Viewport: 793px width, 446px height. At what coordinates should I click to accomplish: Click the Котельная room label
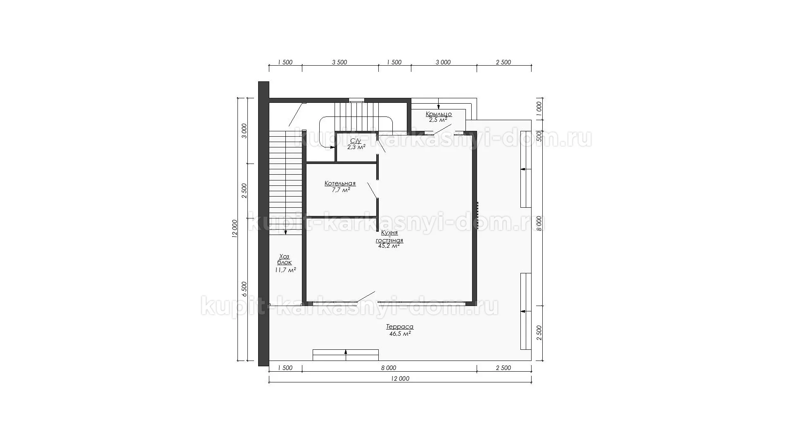340,183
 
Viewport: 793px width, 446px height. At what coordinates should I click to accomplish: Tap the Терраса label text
400,327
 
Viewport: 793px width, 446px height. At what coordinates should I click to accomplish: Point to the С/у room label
356,141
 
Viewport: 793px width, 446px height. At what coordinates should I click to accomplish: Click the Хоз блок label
285,259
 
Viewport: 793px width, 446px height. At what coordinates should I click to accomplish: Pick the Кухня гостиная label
389,237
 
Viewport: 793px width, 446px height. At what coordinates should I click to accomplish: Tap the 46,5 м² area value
400,334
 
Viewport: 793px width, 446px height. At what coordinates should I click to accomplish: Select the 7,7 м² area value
341,190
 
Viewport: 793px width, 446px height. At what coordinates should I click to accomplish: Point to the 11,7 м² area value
285,270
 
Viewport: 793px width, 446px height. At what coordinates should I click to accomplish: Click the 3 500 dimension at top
340,62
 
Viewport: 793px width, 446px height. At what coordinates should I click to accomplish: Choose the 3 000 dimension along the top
443,62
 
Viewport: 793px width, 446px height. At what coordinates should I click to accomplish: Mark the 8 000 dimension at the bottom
388,368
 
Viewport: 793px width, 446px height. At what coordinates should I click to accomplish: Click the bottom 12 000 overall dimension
399,379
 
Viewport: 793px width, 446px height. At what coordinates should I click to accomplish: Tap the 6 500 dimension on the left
244,289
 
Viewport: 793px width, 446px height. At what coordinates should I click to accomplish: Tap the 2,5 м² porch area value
438,120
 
